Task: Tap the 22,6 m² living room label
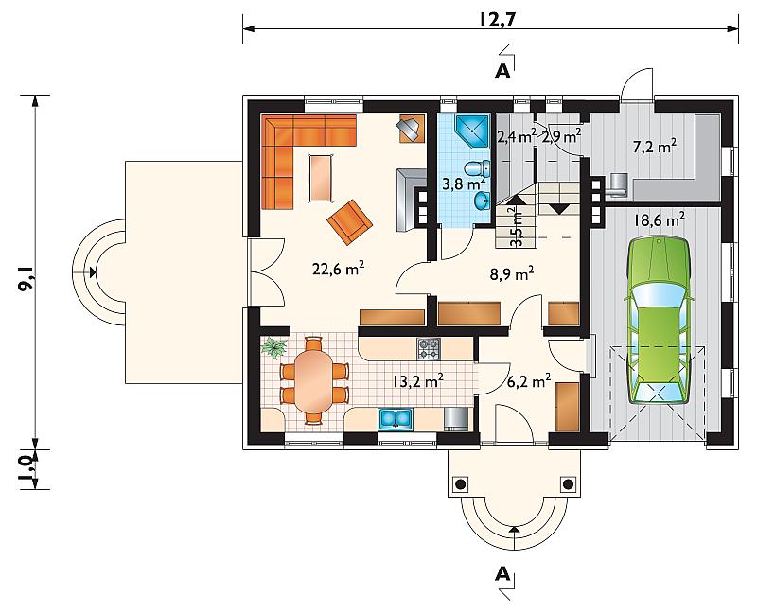tap(338, 268)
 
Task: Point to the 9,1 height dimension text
tap(26, 279)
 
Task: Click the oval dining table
tap(313, 380)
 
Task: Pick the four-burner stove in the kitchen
tap(429, 348)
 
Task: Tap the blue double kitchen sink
tap(395, 418)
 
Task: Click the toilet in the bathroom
tap(477, 168)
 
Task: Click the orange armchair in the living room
tap(349, 222)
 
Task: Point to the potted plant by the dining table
tap(274, 347)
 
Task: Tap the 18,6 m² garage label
tap(659, 221)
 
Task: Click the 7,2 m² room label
tap(654, 146)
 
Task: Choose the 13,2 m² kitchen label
tap(418, 381)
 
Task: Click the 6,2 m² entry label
tap(529, 382)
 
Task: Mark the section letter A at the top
tap(502, 72)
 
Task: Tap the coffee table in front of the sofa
tap(321, 178)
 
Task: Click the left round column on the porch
tap(461, 483)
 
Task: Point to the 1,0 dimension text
tap(26, 470)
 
